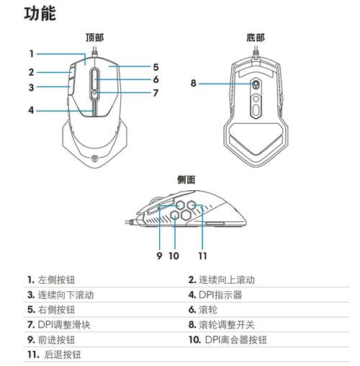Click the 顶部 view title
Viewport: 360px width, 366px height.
point(94,37)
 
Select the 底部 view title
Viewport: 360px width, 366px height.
point(255,37)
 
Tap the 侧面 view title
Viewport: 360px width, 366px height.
point(186,179)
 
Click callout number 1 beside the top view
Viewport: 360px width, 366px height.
point(32,53)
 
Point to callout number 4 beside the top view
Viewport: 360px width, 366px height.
point(32,110)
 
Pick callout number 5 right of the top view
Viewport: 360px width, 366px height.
point(156,66)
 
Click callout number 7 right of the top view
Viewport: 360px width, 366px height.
point(156,93)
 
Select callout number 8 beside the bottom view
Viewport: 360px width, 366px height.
point(193,83)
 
